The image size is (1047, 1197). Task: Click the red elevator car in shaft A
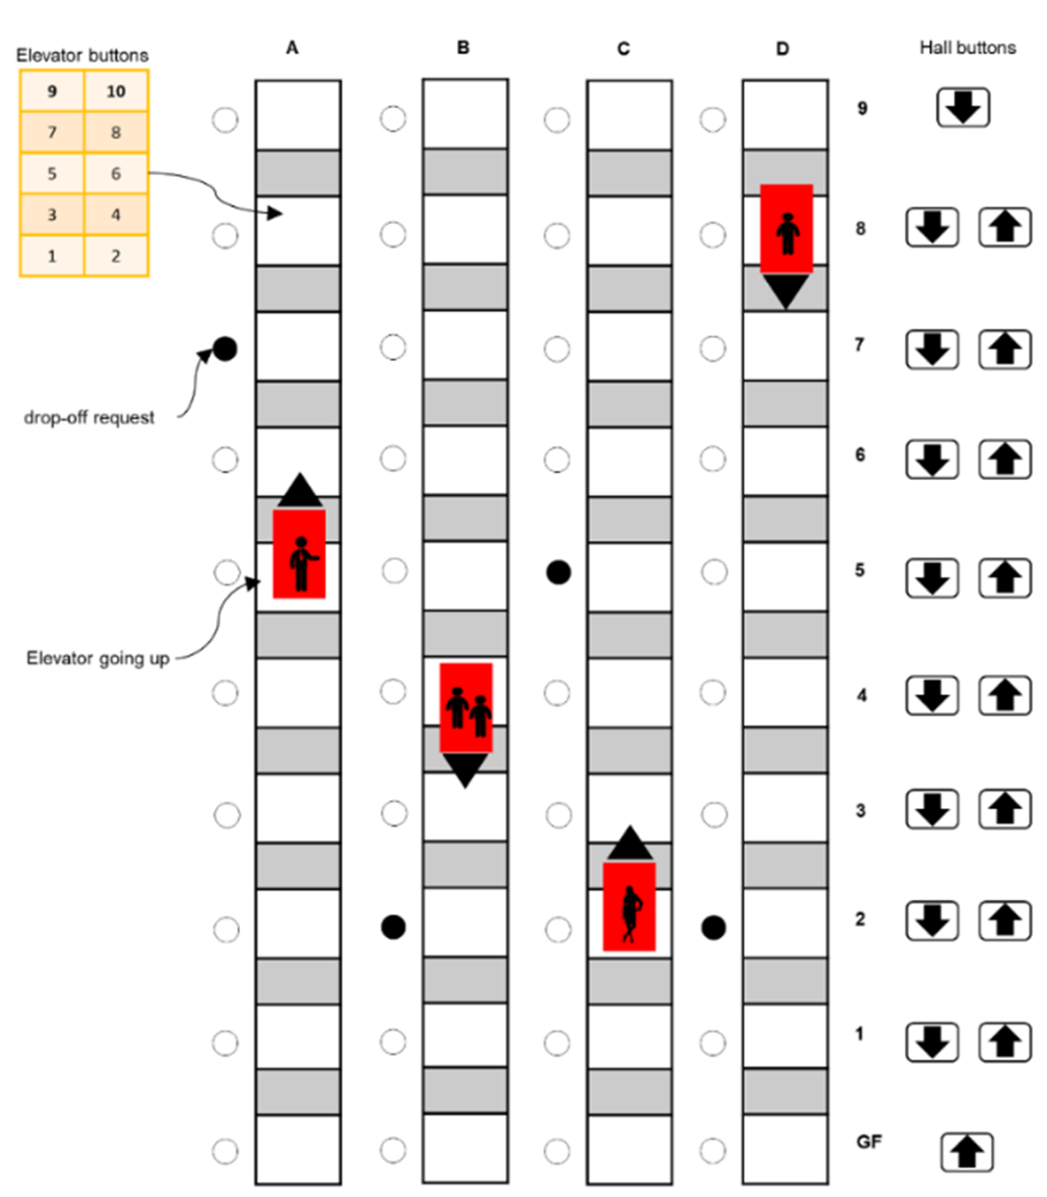tap(299, 553)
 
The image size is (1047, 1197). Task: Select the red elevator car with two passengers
tap(465, 708)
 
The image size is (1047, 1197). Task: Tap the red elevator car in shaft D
tap(786, 229)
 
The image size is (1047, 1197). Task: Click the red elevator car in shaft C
tap(629, 907)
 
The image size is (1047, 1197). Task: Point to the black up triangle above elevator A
tap(300, 490)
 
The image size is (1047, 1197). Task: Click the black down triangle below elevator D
tap(786, 290)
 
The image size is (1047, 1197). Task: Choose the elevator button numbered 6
tap(116, 173)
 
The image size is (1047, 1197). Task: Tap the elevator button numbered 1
tap(52, 255)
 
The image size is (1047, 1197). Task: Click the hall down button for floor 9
tap(963, 108)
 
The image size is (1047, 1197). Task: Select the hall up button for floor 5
tap(1005, 578)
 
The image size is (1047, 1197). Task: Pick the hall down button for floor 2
tap(932, 920)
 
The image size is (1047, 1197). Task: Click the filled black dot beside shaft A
tap(225, 349)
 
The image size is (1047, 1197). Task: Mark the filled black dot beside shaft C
tap(559, 571)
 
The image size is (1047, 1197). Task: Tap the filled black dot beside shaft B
tap(393, 927)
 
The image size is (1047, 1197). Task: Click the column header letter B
tap(464, 48)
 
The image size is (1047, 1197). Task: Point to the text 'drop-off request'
tap(89, 417)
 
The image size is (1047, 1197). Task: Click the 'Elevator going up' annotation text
tap(98, 658)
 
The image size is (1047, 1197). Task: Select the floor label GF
tap(868, 1141)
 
